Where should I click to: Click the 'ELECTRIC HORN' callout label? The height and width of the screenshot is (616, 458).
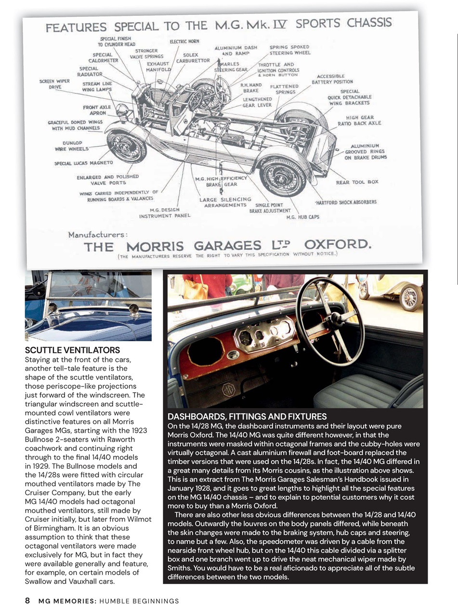[184, 42]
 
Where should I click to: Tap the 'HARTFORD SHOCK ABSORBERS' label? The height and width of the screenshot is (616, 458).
[346, 202]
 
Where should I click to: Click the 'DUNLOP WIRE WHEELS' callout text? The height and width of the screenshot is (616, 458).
[72, 146]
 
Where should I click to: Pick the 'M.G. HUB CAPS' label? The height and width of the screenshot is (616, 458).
[302, 217]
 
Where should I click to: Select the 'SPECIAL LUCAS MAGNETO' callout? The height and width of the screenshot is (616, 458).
[83, 163]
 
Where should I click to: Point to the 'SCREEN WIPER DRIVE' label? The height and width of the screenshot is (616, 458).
[54, 84]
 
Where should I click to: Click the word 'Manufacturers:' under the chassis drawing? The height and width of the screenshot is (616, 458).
[98, 235]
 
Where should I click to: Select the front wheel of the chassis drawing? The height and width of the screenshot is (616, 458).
[127, 145]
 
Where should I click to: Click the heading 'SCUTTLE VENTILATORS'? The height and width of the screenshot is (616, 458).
[72, 350]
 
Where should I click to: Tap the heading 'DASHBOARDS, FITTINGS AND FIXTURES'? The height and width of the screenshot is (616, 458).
[247, 416]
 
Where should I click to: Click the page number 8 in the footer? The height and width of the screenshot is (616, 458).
[27, 601]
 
